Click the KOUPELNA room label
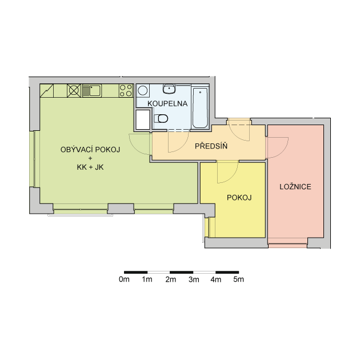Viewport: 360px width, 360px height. click(167, 103)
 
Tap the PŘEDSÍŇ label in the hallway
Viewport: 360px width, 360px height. click(211, 146)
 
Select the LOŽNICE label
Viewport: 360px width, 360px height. click(295, 186)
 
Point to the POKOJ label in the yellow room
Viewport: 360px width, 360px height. click(239, 198)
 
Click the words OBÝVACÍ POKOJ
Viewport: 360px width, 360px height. click(90, 150)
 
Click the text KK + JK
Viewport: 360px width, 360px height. click(90, 167)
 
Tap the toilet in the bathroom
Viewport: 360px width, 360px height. click(161, 118)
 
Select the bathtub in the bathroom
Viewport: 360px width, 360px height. click(200, 107)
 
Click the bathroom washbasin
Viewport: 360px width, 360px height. click(169, 89)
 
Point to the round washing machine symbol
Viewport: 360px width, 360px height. click(143, 91)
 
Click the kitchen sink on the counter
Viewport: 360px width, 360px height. click(92, 91)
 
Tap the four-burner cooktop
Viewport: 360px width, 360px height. click(126, 90)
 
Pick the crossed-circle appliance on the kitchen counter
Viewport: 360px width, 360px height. click(74, 90)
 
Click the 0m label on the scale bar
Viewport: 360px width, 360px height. click(124, 279)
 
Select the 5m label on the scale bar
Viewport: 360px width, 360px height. click(238, 279)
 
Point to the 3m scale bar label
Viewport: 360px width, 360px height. click(194, 279)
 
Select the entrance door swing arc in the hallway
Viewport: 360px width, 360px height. click(237, 134)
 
